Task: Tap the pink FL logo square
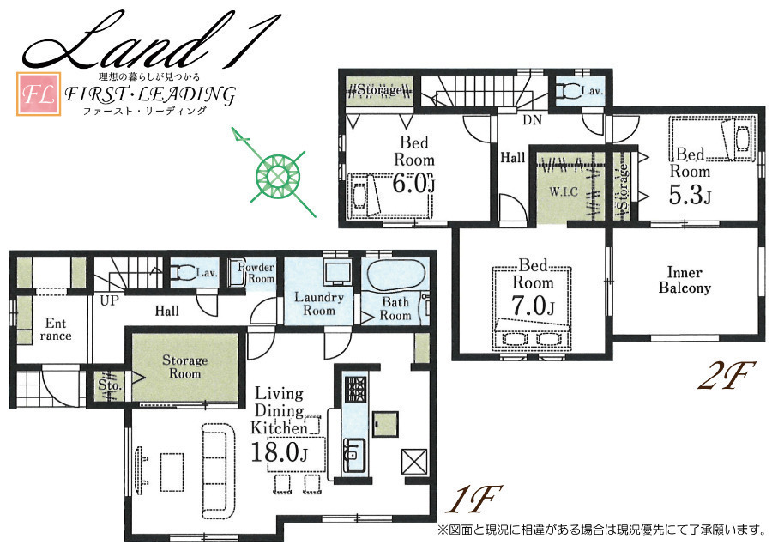pyautogui.click(x=39, y=94)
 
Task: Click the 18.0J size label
pyautogui.click(x=279, y=452)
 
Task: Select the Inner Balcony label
pyautogui.click(x=685, y=280)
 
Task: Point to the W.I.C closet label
pyautogui.click(x=564, y=191)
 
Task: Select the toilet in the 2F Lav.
pyautogui.click(x=567, y=91)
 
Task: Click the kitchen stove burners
pyautogui.click(x=355, y=390)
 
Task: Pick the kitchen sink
pyautogui.click(x=353, y=454)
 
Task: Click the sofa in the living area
pyautogui.click(x=217, y=470)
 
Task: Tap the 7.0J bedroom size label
pyautogui.click(x=534, y=306)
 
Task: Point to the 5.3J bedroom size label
pyautogui.click(x=690, y=195)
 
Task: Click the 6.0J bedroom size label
pyautogui.click(x=413, y=184)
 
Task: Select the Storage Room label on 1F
pyautogui.click(x=184, y=366)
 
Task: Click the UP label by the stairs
pyautogui.click(x=109, y=300)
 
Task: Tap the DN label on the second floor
pyautogui.click(x=532, y=119)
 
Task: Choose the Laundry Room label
pyautogui.click(x=319, y=304)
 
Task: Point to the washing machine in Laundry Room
pyautogui.click(x=337, y=271)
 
